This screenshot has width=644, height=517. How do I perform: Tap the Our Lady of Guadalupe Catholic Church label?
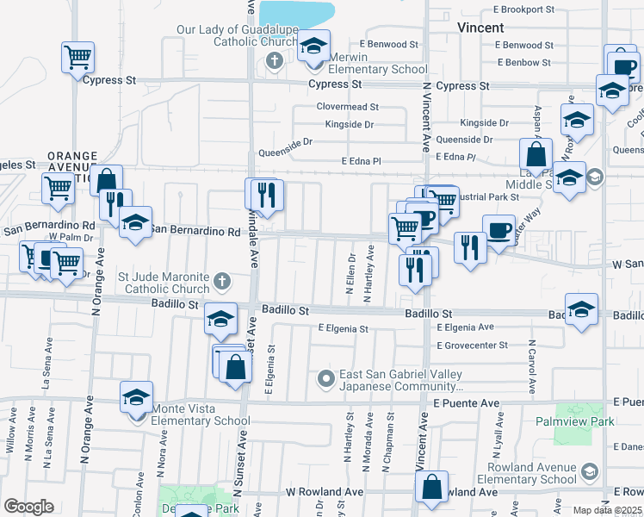point(236,36)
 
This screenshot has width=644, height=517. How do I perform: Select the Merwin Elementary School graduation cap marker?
point(314,46)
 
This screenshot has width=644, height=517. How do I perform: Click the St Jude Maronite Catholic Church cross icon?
point(221,280)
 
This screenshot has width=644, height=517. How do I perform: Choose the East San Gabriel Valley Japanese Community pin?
point(326,377)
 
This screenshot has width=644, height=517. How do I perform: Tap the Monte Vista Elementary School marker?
point(136,397)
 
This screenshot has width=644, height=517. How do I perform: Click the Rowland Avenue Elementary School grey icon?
point(589,471)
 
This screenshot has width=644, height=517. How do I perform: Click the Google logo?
point(28,507)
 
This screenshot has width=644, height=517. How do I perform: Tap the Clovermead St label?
point(348,107)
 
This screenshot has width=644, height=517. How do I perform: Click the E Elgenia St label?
point(343,328)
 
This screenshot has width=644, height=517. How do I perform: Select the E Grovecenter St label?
point(474,346)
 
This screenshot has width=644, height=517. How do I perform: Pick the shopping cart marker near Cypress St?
point(77,58)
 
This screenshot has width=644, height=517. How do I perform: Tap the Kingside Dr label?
point(350,124)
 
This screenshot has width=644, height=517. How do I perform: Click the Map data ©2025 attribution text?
point(607,510)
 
